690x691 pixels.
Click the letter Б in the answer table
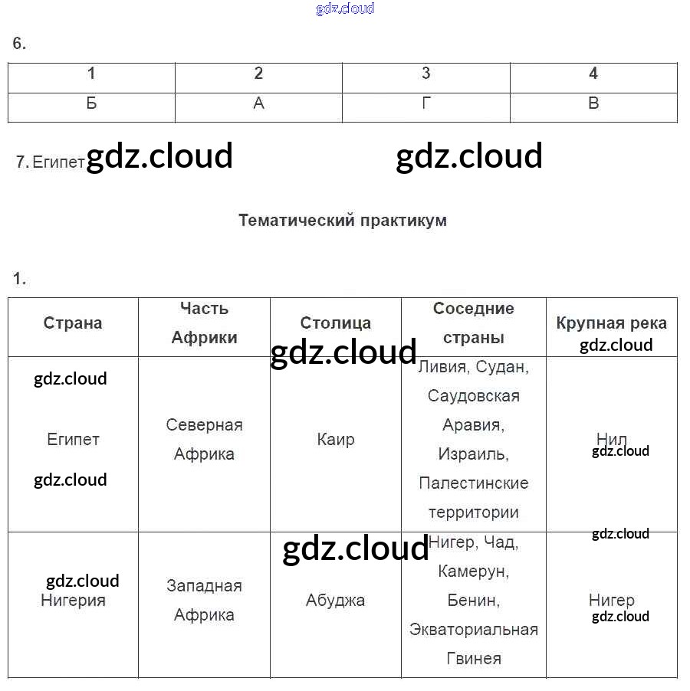coord(91,103)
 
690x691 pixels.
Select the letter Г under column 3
coord(426,103)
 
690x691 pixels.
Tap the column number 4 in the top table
coord(593,74)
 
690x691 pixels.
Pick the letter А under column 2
coord(258,103)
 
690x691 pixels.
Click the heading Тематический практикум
coord(343,221)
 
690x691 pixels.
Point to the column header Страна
coord(73,323)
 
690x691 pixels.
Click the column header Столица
coord(336,323)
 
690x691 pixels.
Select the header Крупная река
coord(612,323)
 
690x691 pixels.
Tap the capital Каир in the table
coord(336,440)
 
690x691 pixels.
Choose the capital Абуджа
coord(336,601)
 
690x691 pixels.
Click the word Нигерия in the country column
coord(73,601)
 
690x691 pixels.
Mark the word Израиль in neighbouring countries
coord(473,454)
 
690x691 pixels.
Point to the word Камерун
coord(473,571)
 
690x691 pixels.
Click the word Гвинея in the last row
coord(473,659)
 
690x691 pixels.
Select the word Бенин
coord(473,601)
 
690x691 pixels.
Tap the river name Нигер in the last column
coord(612,601)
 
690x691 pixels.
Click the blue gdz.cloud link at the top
coord(345,8)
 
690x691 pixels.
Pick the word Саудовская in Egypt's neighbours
coord(473,396)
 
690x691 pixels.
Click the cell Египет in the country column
coord(73,440)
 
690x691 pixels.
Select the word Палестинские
coord(473,483)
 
